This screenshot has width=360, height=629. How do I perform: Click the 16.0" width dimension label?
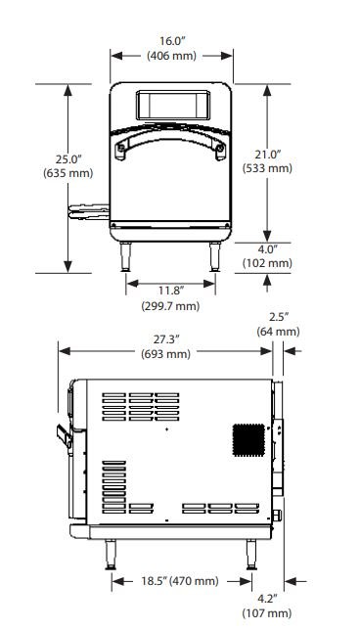pos(172,41)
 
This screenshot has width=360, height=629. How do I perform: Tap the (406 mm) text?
pos(172,56)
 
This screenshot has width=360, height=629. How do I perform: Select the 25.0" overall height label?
pos(68,159)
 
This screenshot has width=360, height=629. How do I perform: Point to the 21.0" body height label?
pos(267,154)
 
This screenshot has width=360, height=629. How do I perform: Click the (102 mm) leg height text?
pos(267,263)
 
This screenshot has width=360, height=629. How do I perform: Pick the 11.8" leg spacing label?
pos(170,290)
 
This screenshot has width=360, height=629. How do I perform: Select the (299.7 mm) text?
pos(170,306)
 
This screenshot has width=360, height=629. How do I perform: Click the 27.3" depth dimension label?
pos(165,339)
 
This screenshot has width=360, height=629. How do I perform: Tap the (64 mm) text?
pos(278,332)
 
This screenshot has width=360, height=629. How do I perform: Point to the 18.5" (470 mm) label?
pos(179,581)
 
